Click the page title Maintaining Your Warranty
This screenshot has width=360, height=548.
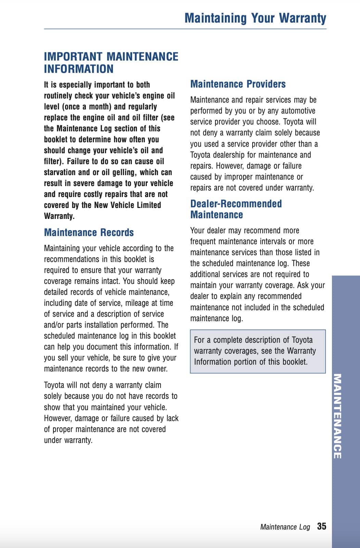[x=255, y=18]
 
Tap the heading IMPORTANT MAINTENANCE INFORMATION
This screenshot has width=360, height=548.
[x=111, y=63]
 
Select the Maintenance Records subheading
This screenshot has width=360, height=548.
[x=89, y=233]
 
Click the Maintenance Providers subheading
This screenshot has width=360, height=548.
[x=238, y=84]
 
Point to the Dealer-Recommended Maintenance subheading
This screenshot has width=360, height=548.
[x=236, y=209]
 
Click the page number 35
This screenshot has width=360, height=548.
[x=321, y=526]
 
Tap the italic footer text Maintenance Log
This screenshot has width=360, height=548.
[x=285, y=527]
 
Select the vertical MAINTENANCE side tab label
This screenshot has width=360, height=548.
[x=337, y=416]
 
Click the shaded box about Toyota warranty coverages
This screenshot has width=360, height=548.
[x=258, y=351]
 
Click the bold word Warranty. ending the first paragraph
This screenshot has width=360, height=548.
[x=59, y=216]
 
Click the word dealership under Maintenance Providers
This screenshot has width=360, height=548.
[x=227, y=155]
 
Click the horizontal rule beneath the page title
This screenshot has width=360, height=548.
[x=185, y=29]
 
